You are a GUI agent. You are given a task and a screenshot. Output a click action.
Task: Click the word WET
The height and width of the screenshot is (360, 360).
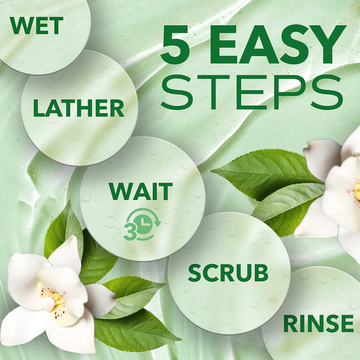coord(36,25)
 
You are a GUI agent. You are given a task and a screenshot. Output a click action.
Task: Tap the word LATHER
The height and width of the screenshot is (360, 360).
coord(79,108)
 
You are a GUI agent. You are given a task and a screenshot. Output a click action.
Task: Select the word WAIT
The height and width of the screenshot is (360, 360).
coord(141,192)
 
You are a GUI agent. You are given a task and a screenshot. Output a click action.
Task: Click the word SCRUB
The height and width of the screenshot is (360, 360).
coord(228,273)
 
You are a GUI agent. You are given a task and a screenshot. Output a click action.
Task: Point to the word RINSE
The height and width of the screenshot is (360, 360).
coord(319,323)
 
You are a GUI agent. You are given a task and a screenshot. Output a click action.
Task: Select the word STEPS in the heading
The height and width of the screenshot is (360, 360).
coord(252,92)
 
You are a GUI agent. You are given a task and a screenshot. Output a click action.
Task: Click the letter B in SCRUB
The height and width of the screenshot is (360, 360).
coord(261,273)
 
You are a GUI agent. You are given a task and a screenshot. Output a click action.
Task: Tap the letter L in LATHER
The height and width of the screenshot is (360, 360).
coord(39,108)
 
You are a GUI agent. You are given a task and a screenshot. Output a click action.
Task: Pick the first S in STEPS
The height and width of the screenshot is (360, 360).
coord(176,92)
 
